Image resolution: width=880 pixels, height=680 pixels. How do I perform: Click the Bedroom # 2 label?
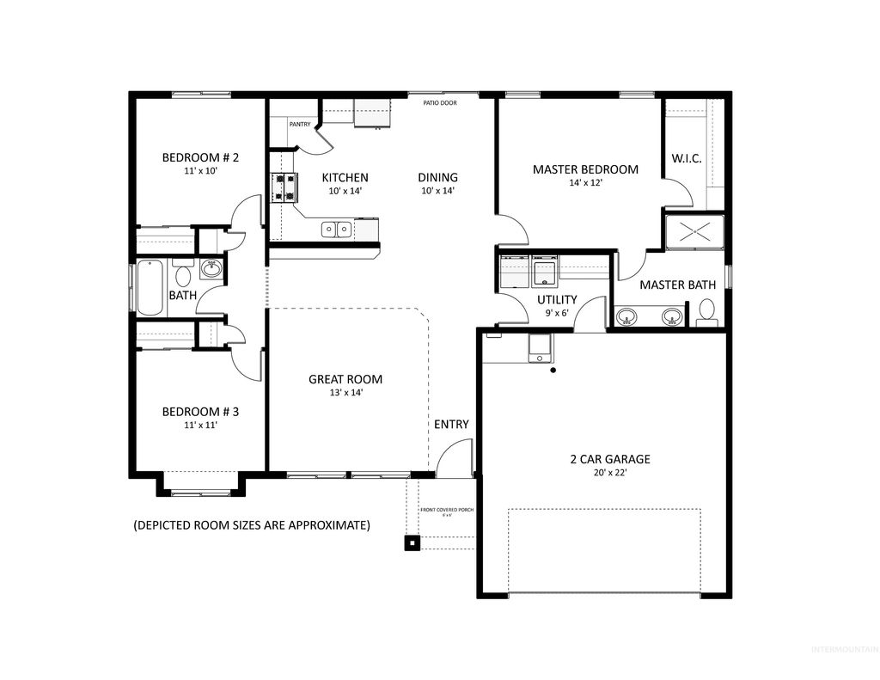click(x=200, y=157)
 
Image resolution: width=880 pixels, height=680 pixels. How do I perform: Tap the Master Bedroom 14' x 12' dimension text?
click(x=585, y=184)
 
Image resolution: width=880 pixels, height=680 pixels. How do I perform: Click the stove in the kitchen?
click(x=284, y=187)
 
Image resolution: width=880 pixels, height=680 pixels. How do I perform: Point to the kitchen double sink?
click(x=336, y=229)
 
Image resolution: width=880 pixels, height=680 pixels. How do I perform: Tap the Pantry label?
click(x=300, y=125)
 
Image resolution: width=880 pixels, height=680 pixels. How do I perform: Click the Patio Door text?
click(x=439, y=103)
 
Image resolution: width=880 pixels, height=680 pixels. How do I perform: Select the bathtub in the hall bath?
click(x=150, y=287)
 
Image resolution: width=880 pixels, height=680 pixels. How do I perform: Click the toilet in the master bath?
click(x=706, y=310)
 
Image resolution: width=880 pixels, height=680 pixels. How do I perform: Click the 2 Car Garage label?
click(x=609, y=459)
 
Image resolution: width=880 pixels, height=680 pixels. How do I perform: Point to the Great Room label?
click(x=345, y=379)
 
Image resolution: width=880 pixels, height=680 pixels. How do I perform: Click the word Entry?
click(x=451, y=424)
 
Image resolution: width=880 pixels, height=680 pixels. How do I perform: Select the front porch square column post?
click(x=412, y=542)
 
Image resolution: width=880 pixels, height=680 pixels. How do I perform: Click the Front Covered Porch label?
click(x=446, y=510)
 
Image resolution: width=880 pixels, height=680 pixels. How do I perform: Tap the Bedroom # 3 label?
click(x=200, y=412)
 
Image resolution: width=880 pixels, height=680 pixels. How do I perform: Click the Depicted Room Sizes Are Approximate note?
click(x=252, y=524)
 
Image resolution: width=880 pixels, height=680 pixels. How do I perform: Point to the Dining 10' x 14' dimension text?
click(x=437, y=191)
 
